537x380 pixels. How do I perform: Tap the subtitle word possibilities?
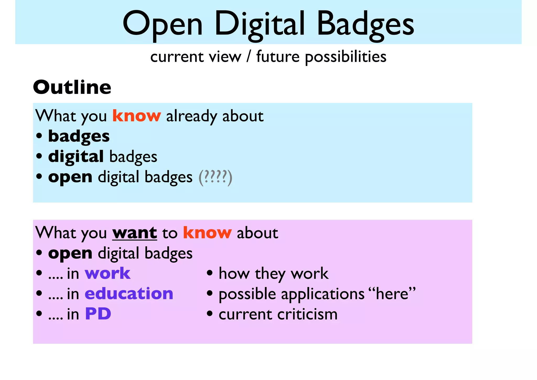coord(346,57)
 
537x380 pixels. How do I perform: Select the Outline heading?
coord(72,87)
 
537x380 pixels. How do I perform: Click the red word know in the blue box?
coord(137,116)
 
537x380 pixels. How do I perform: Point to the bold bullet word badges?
coord(79,136)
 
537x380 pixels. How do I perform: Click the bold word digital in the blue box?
coord(76,157)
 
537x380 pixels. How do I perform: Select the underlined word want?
coord(135,233)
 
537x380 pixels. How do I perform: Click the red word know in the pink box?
coord(207,233)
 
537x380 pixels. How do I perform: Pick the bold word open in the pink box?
coord(70,253)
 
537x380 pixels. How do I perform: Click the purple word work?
coord(108,274)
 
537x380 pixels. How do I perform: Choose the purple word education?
coord(129,294)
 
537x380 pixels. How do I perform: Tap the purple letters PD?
coord(98,314)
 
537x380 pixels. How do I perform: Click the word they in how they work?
coord(270,274)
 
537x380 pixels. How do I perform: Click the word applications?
coord(323,294)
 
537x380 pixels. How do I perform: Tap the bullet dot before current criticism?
coord(210,314)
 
